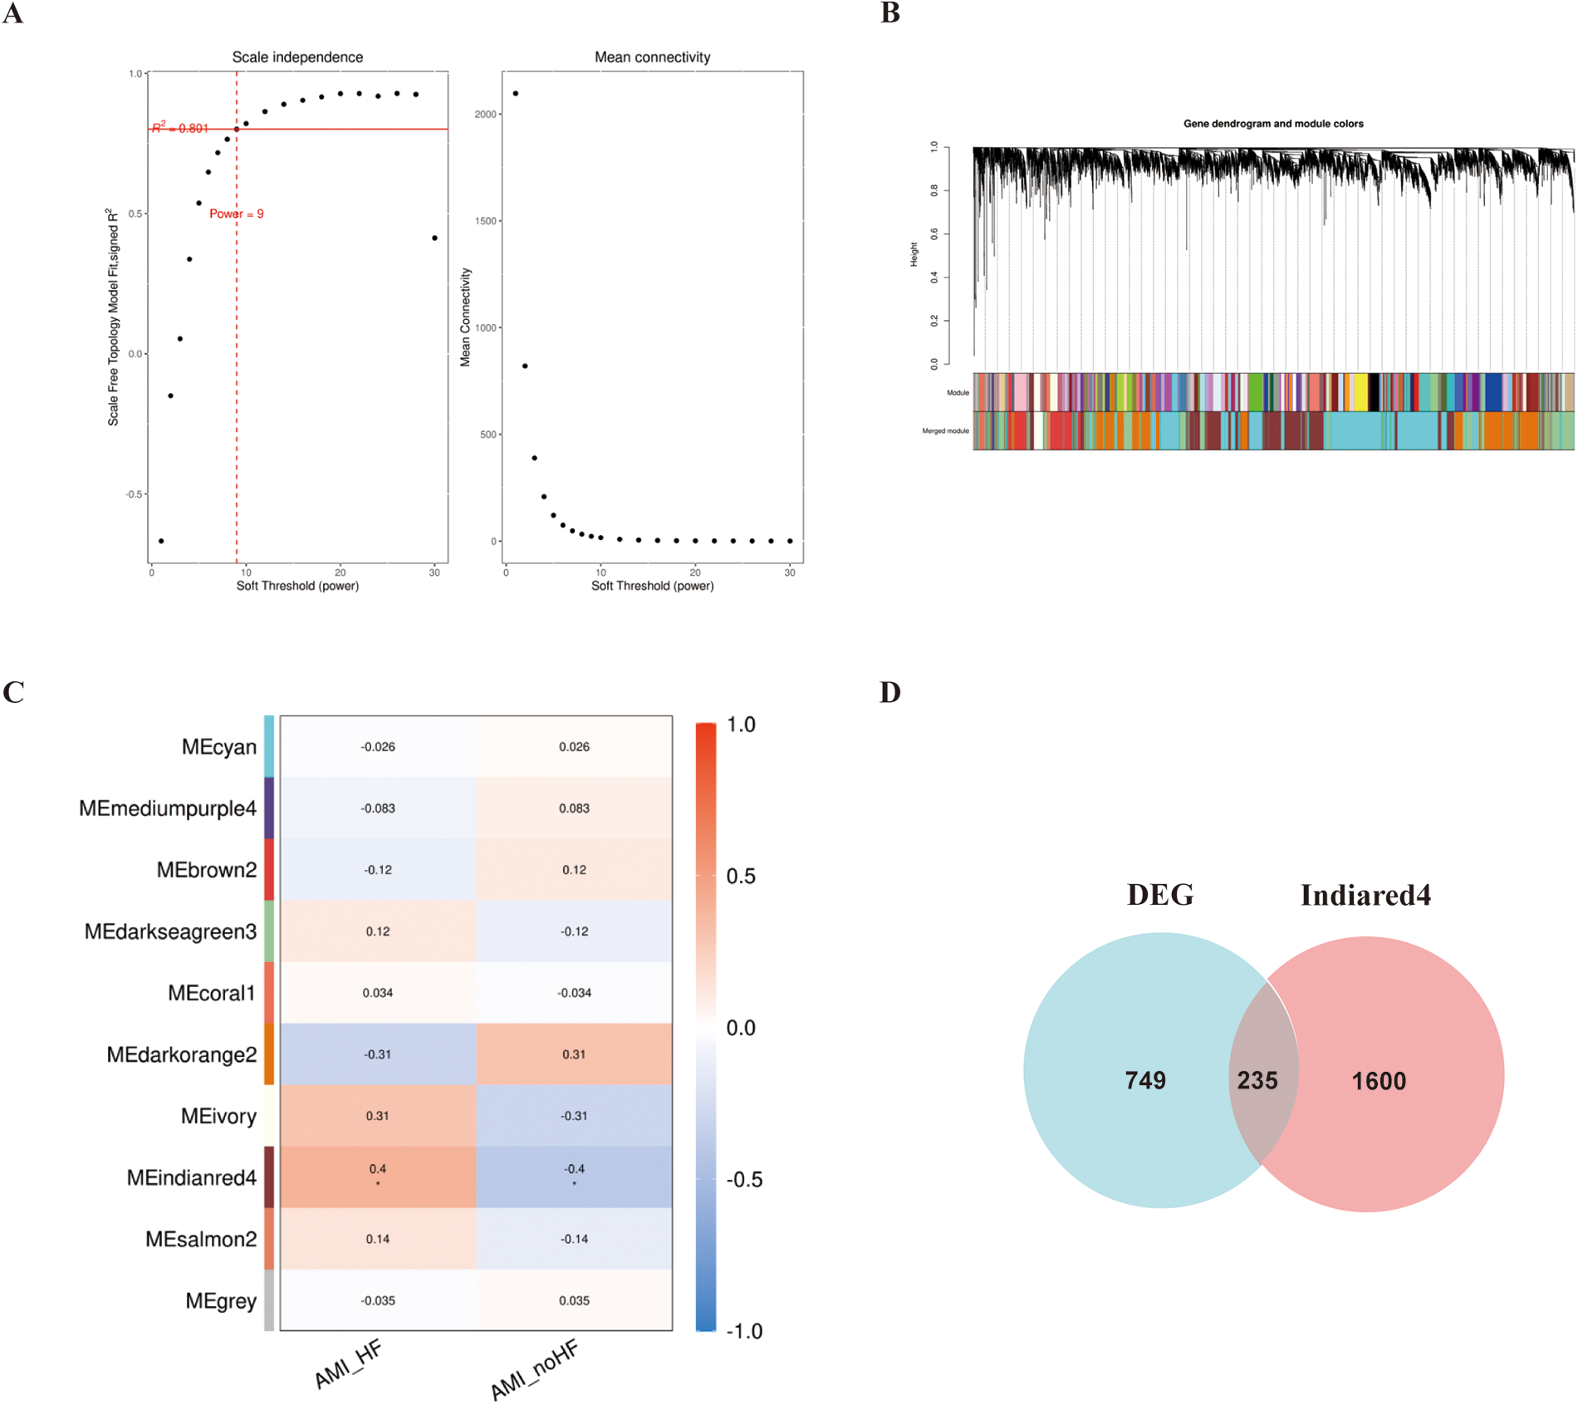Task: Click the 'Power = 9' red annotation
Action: (236, 214)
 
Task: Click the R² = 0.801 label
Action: (180, 128)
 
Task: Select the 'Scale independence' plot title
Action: (297, 57)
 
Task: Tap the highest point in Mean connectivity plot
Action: (516, 93)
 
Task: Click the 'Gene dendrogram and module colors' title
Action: (1272, 124)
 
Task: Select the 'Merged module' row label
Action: (945, 431)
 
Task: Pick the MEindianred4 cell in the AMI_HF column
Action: (378, 1177)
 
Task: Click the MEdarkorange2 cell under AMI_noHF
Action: (574, 1054)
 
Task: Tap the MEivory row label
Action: (218, 1116)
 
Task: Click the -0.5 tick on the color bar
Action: (743, 1180)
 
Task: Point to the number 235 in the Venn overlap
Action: (1257, 1080)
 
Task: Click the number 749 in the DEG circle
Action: (1145, 1080)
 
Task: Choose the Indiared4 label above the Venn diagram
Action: (1365, 896)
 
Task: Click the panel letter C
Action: (13, 692)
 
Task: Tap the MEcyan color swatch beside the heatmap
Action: (269, 746)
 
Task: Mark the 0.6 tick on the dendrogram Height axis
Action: (935, 234)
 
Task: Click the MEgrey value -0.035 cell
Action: (378, 1300)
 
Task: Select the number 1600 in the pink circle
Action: (1379, 1081)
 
